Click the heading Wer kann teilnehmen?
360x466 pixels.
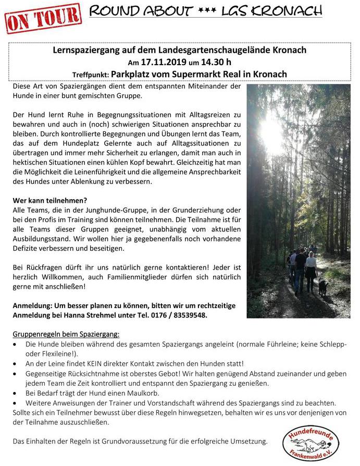50,200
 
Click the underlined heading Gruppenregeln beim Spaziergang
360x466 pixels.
66,333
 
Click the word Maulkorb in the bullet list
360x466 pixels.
144,394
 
